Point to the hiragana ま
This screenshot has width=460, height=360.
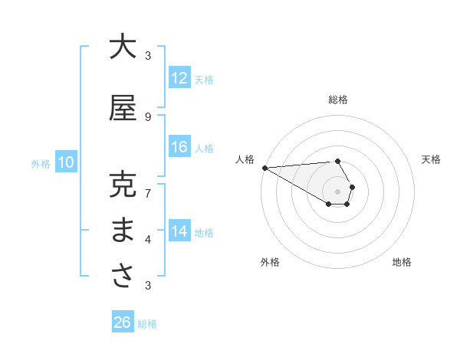pyautogui.click(x=123, y=231)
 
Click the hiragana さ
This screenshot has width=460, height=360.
pyautogui.click(x=123, y=276)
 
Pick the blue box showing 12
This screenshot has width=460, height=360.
pyautogui.click(x=179, y=79)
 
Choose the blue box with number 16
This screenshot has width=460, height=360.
pyautogui.click(x=179, y=148)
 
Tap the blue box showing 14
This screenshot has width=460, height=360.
pyautogui.click(x=179, y=232)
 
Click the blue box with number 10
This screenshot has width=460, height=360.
pyautogui.click(x=66, y=162)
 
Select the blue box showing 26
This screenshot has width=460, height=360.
pyautogui.click(x=123, y=323)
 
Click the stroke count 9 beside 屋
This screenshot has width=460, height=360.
pyautogui.click(x=148, y=116)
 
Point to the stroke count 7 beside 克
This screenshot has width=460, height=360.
pyautogui.click(x=148, y=185)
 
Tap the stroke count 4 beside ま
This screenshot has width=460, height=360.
pyautogui.click(x=148, y=239)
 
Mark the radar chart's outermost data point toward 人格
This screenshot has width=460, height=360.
pyautogui.click(x=264, y=168)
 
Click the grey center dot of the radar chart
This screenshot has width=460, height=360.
pyautogui.click(x=337, y=191)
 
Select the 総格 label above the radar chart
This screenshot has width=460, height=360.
pyautogui.click(x=338, y=100)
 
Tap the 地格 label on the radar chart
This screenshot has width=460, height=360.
pyautogui.click(x=402, y=262)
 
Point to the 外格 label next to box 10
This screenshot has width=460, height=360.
pyautogui.click(x=41, y=163)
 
